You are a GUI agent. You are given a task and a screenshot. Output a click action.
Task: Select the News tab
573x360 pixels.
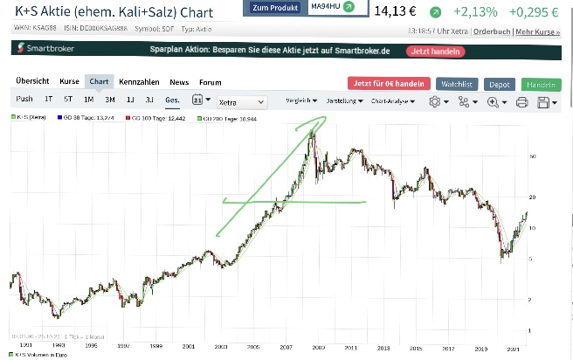point(179,82)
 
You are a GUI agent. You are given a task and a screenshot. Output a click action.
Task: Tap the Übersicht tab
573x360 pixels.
point(32,82)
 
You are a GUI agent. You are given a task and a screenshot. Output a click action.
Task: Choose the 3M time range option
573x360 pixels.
point(110,100)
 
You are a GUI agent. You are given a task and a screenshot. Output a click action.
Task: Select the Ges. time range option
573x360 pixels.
point(173,100)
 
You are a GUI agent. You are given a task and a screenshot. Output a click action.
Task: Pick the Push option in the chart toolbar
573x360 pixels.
point(24,100)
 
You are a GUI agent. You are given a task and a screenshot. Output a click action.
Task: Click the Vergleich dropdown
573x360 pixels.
point(302,100)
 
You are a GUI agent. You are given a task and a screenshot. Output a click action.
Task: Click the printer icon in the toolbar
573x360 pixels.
point(522,101)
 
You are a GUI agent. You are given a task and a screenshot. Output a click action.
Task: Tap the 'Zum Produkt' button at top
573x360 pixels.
point(273,8)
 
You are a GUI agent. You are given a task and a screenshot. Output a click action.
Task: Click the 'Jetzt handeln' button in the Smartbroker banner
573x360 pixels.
point(434,51)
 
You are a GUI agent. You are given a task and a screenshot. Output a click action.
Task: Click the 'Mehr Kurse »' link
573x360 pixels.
point(537,31)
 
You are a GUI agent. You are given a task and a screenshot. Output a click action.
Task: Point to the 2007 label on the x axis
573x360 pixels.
point(286,347)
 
